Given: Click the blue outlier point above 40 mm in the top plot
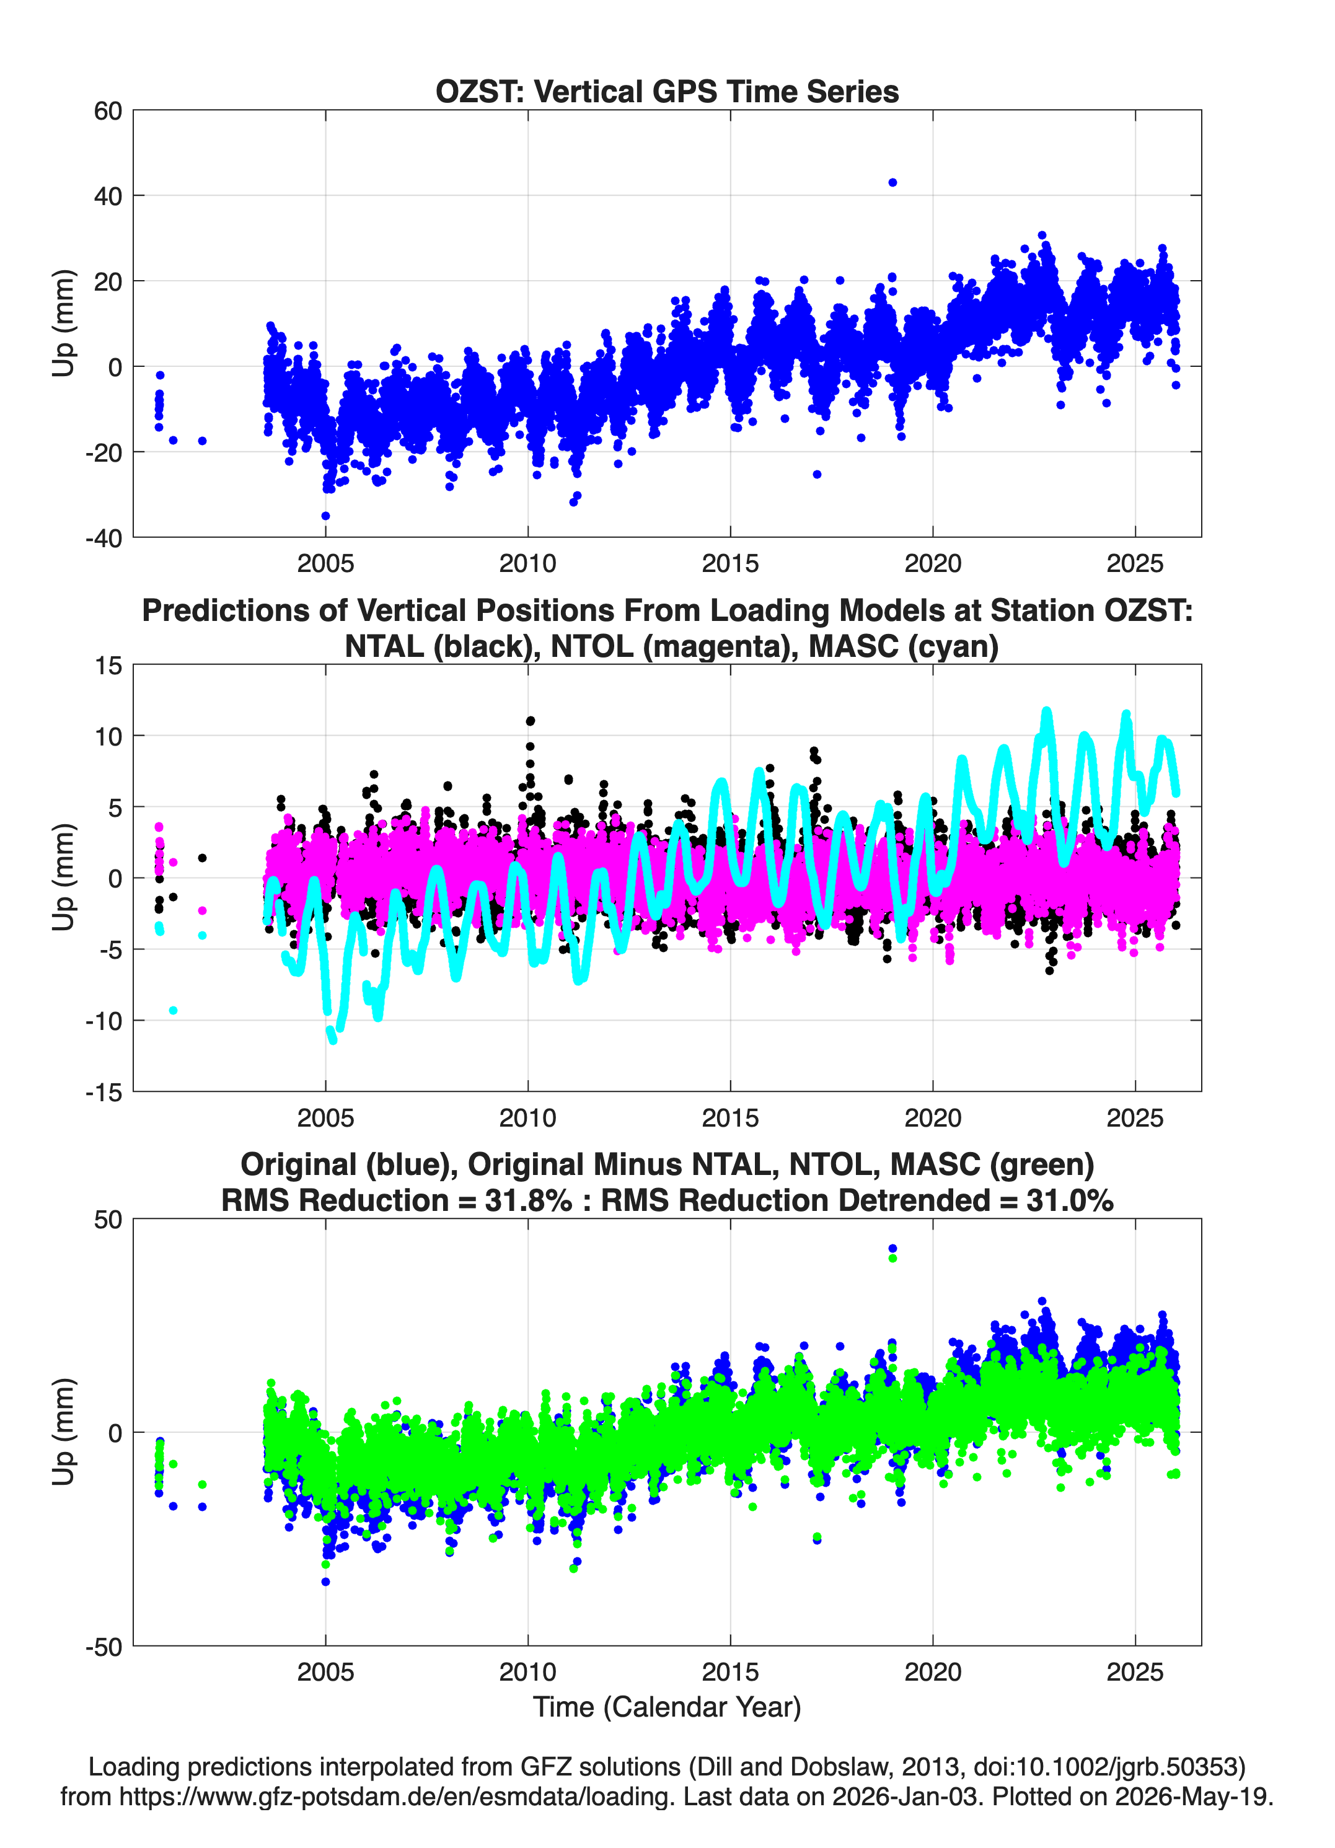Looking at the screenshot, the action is tap(892, 183).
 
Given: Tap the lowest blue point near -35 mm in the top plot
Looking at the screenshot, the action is tap(325, 516).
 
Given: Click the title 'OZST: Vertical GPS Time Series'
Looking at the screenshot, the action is tap(667, 91).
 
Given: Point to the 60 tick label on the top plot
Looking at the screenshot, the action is tap(108, 111).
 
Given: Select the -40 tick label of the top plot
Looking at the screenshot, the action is tap(104, 538).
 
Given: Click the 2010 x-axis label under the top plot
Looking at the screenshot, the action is tap(527, 563).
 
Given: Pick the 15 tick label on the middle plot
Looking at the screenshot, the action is tap(108, 666).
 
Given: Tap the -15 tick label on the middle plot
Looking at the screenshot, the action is tap(104, 1093).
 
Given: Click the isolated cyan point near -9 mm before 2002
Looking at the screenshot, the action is tap(173, 1010).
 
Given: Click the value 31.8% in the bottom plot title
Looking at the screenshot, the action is tap(528, 1200).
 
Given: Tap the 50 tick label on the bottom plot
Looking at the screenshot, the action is tap(108, 1220).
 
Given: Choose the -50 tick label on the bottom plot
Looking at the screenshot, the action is tap(104, 1647).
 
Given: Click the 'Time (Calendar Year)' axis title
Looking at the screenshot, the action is tap(667, 1707).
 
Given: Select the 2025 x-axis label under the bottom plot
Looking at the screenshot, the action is tap(1135, 1672).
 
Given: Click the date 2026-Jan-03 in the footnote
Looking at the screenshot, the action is tap(905, 1796).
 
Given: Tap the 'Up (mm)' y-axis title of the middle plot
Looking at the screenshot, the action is tap(64, 878).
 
